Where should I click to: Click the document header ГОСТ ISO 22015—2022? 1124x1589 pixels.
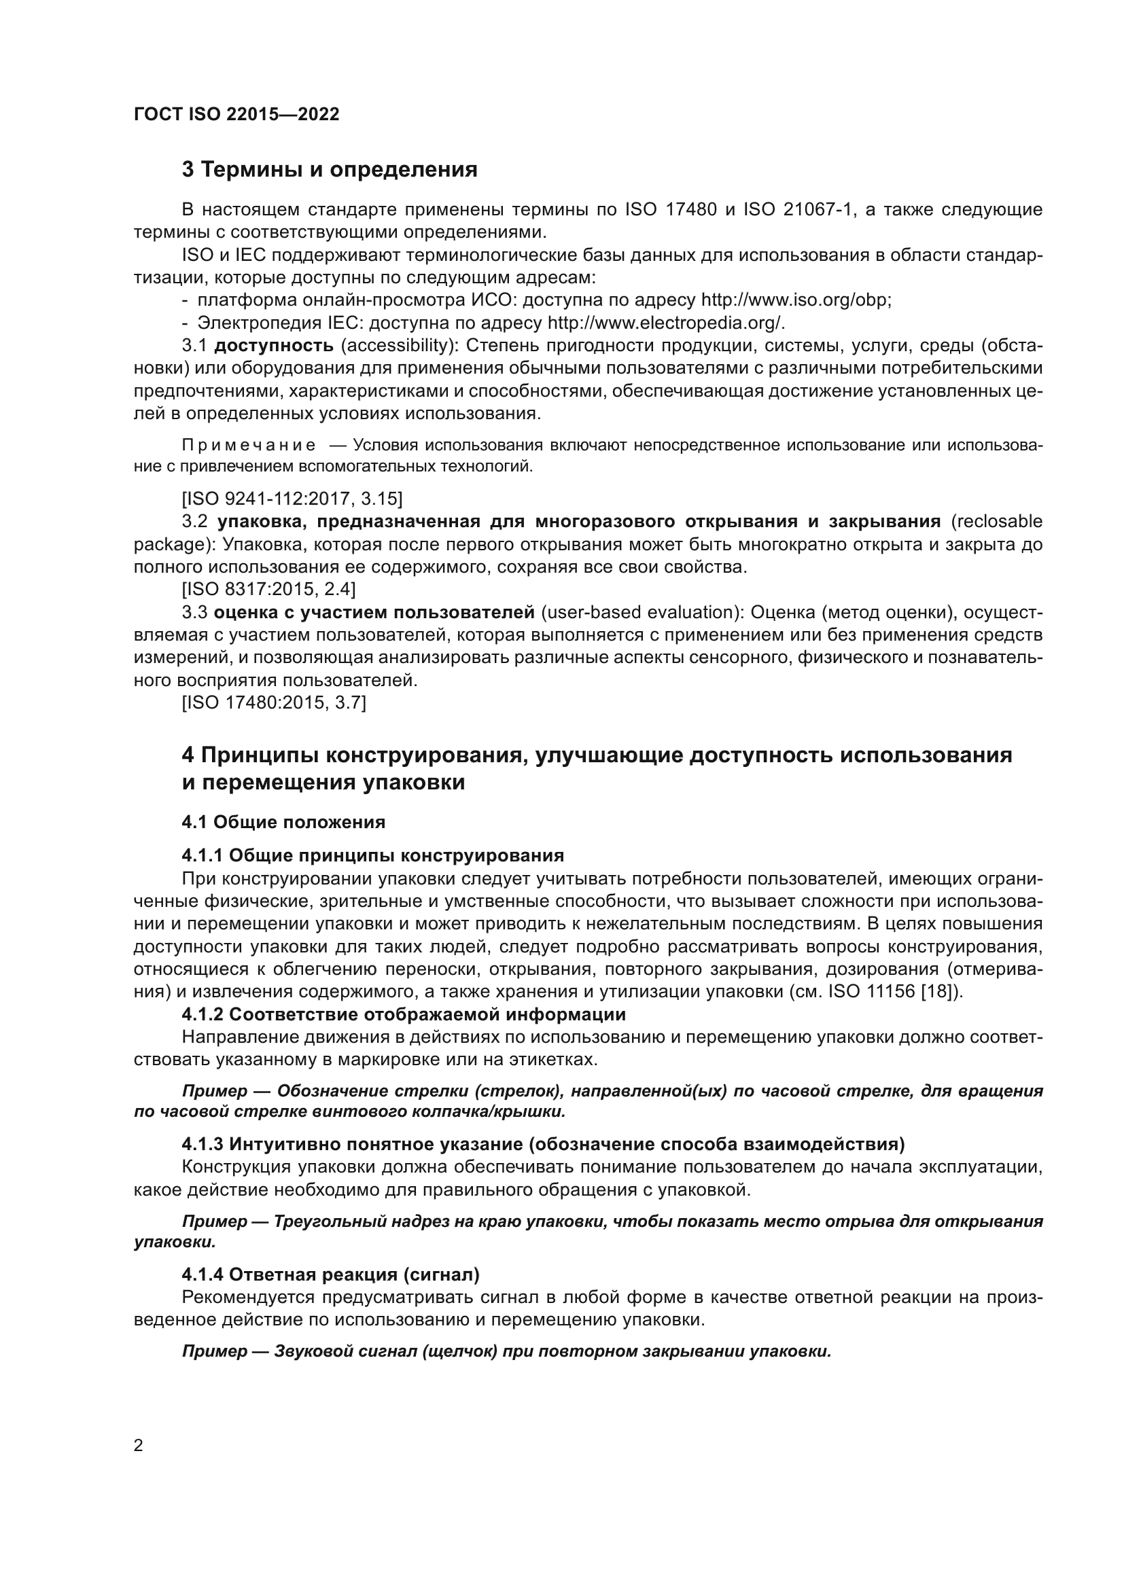(x=236, y=114)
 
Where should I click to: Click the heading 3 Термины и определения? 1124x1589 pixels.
(x=330, y=170)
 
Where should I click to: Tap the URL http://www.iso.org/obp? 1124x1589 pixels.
(x=796, y=300)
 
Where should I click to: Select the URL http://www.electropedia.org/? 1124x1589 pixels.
(x=666, y=323)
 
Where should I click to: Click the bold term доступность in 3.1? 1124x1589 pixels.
(x=274, y=346)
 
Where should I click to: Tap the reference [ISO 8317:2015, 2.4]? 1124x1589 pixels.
(x=268, y=590)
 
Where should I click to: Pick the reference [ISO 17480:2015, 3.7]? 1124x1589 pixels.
(x=274, y=703)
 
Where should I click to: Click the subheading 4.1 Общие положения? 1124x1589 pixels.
(x=283, y=822)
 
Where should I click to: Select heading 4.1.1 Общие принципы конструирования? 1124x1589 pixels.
(x=373, y=856)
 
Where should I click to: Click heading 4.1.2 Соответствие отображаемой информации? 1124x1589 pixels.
(x=404, y=1014)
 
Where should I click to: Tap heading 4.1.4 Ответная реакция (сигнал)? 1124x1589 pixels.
(x=331, y=1274)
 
